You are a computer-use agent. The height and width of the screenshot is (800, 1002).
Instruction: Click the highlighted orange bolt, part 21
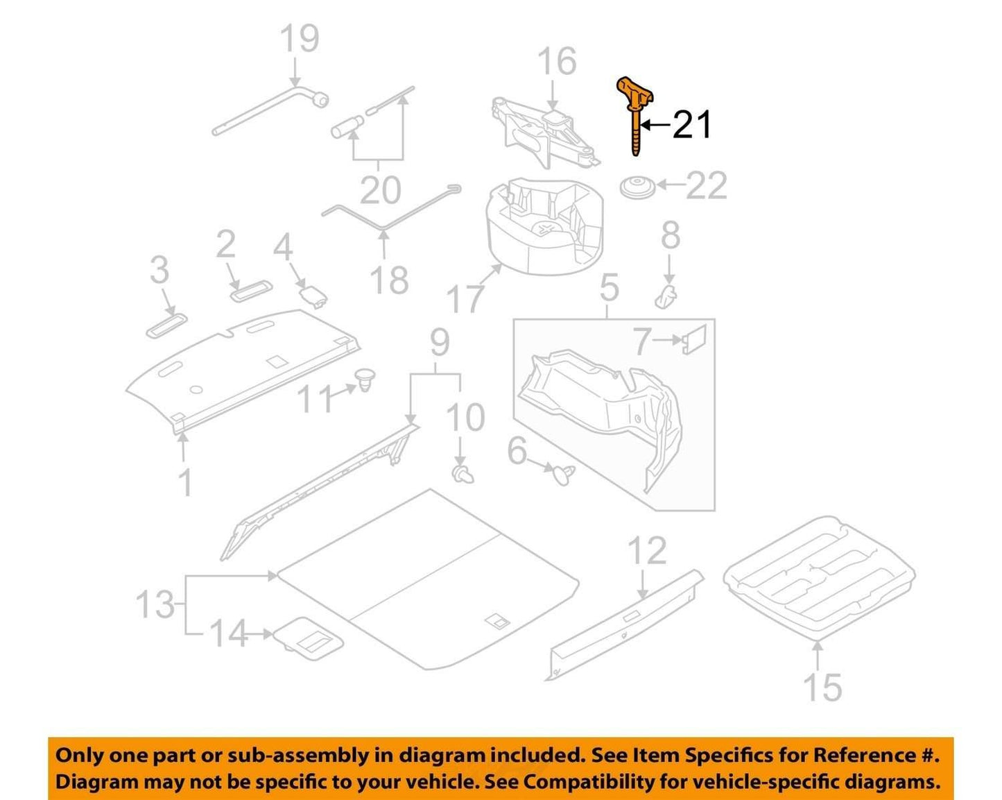[636, 117]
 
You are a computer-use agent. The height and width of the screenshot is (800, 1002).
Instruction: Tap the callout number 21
[691, 125]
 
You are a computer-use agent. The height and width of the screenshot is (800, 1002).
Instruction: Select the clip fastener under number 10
[463, 475]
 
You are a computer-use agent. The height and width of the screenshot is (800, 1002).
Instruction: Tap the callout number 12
[648, 550]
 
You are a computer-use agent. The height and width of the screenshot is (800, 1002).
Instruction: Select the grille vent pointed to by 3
[166, 325]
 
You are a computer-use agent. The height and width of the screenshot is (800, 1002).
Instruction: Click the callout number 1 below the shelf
[186, 482]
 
